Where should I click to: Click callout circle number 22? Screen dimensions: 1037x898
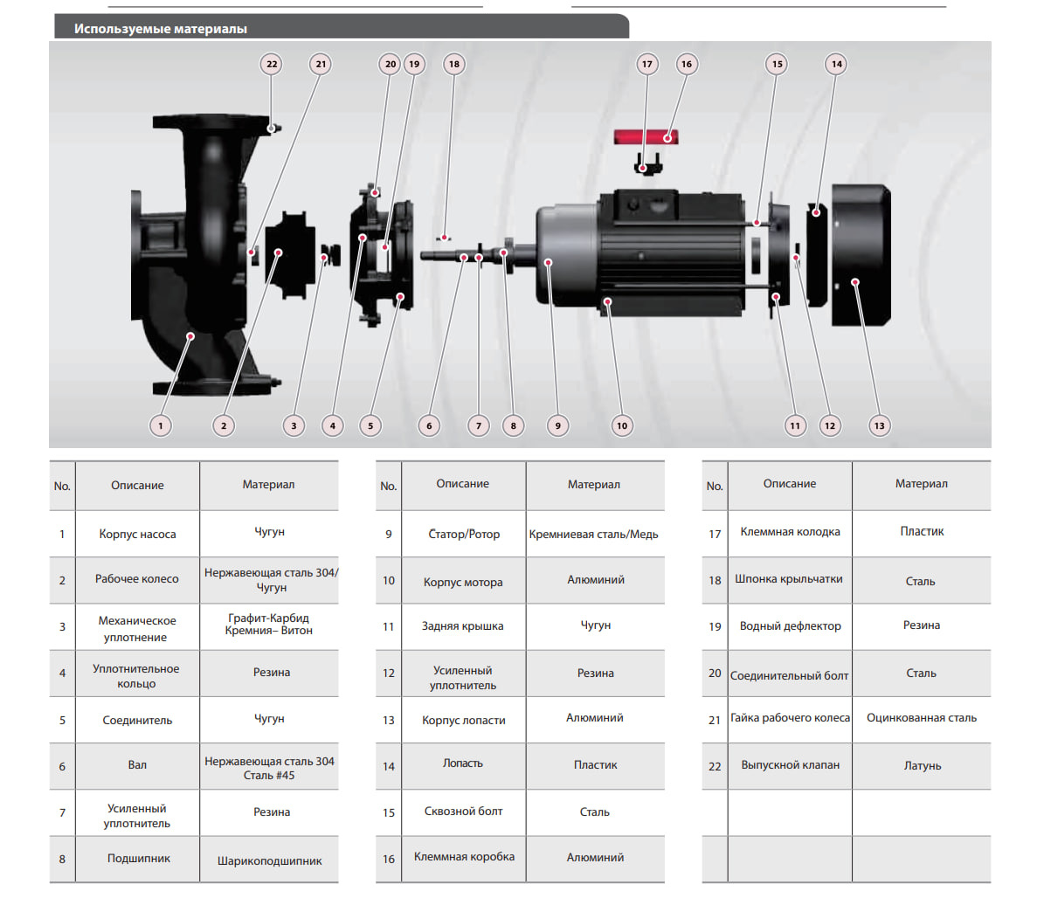click(x=272, y=64)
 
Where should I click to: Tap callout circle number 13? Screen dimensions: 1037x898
click(x=879, y=425)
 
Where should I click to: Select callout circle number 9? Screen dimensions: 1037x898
click(x=557, y=425)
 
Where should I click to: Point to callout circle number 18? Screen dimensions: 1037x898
click(x=453, y=64)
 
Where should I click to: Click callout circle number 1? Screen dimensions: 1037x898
click(x=160, y=425)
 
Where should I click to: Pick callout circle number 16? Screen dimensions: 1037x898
click(x=687, y=64)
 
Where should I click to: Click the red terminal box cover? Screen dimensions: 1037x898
click(x=646, y=137)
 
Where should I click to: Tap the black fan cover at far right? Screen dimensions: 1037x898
click(x=861, y=254)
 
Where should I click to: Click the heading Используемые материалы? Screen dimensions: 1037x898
click(x=161, y=29)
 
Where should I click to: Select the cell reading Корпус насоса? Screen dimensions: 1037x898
click(x=137, y=534)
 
